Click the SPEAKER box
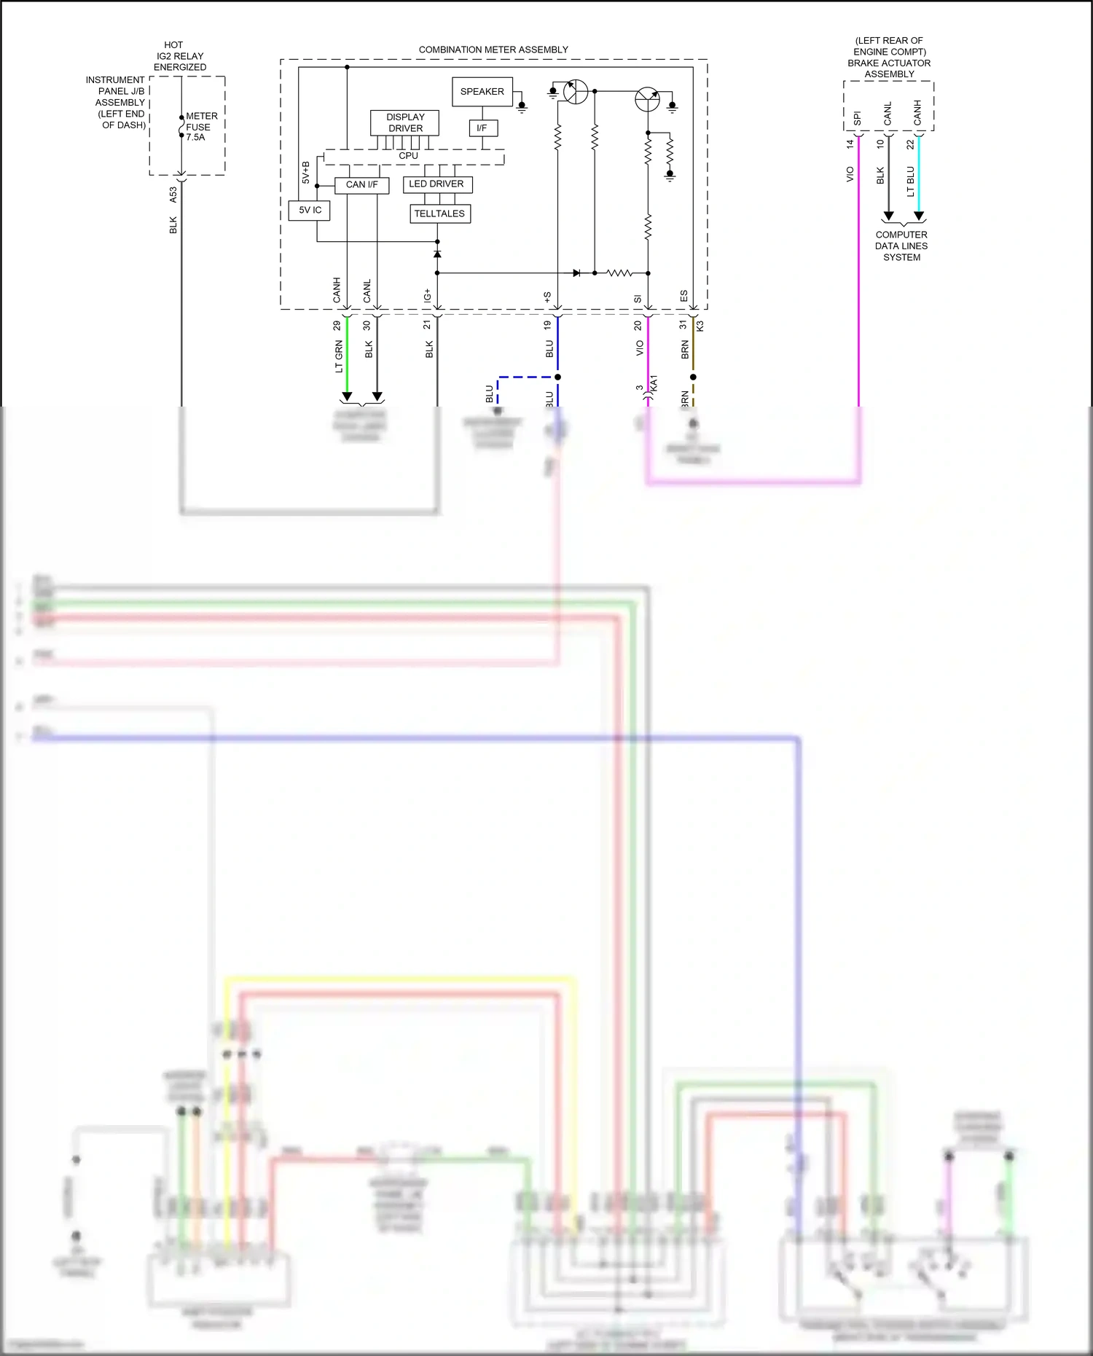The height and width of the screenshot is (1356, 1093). click(482, 92)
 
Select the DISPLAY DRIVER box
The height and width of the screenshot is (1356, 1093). click(405, 122)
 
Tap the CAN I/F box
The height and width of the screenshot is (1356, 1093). click(361, 185)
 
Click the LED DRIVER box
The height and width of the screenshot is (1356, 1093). click(436, 184)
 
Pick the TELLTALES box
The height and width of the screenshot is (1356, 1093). click(439, 213)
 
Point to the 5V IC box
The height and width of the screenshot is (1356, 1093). click(310, 210)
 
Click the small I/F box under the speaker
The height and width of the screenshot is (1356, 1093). click(482, 128)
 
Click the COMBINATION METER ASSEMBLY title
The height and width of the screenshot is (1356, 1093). click(493, 50)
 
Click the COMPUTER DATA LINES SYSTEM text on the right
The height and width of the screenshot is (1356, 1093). click(901, 246)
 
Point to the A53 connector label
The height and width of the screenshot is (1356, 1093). click(173, 195)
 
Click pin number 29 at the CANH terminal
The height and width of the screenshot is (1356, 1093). click(337, 325)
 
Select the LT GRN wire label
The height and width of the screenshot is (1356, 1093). click(339, 356)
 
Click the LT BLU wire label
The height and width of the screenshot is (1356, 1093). click(910, 181)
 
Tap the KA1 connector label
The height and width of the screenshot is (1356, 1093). click(654, 384)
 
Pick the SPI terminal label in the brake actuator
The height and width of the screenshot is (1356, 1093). click(857, 118)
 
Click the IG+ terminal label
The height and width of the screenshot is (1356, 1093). click(427, 295)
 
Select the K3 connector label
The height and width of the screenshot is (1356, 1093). click(700, 326)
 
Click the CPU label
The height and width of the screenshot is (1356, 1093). click(408, 156)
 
